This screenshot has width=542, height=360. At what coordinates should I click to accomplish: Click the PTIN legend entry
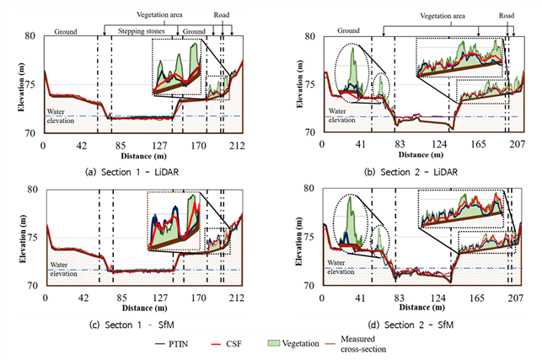172,344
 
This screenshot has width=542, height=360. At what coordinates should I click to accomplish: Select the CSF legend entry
226,344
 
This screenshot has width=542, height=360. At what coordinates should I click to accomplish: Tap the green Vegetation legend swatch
274,343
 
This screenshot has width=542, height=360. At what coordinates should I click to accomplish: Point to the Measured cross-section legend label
363,344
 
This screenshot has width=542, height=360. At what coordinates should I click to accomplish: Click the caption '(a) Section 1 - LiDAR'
132,172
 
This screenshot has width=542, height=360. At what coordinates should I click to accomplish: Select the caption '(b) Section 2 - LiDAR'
411,172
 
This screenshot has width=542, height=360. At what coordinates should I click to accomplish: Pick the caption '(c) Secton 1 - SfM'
131,325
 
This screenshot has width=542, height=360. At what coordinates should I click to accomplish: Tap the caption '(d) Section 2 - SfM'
411,325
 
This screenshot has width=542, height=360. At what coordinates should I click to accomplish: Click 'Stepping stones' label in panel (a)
142,31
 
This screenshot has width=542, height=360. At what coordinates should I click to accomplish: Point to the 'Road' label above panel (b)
507,15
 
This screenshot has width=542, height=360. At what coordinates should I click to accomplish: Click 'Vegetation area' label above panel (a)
159,15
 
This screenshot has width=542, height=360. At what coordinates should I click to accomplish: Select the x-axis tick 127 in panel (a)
160,146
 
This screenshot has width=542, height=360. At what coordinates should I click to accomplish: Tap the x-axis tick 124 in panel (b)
439,144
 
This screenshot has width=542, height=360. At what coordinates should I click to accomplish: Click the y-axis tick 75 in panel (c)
33,238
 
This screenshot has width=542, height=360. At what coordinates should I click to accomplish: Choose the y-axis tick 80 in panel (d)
309,189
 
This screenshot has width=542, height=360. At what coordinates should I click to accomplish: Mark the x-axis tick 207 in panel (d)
515,298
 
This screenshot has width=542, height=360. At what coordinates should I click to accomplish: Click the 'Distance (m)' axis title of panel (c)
144,308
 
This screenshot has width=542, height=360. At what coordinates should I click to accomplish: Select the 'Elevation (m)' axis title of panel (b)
299,84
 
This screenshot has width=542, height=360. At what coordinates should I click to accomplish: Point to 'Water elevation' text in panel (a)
61,116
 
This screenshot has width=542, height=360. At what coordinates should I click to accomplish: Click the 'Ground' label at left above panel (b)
348,31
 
